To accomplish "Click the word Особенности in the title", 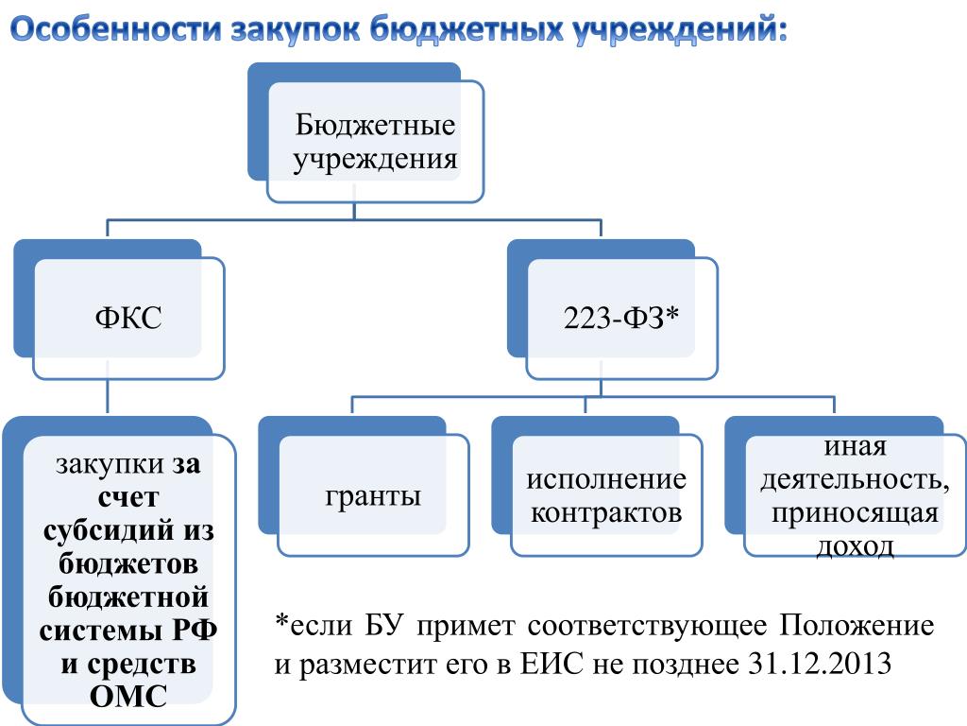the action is coord(116,28).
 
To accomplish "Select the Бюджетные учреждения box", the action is coord(365,132).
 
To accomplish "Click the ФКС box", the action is coord(119,309).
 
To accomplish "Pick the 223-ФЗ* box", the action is coord(612,309).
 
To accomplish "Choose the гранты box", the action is coord(364,487).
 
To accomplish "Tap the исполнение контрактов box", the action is coord(597,487).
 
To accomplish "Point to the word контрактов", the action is coord(606,512).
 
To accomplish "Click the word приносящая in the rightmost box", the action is coord(855,513).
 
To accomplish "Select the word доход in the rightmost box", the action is coord(855,546).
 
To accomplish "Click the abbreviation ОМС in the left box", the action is coord(128,697).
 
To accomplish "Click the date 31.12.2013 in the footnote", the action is coord(821,664).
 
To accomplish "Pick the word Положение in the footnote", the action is coord(857,626).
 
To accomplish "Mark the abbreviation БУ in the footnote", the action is coord(384,626).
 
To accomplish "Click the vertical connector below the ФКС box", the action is coord(108,396).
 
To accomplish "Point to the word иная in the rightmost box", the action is coord(856,447).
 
